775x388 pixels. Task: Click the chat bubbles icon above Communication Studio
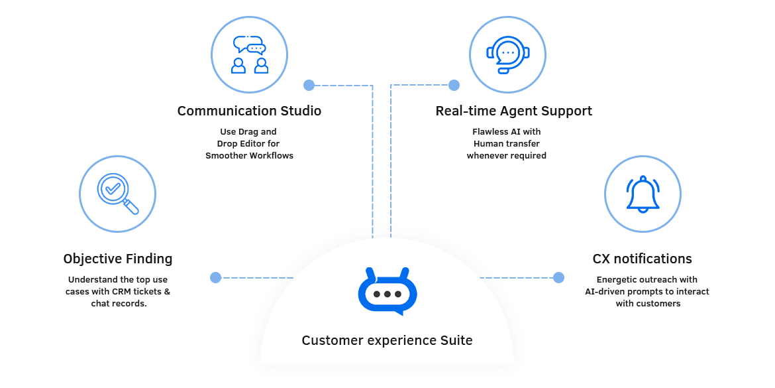click(249, 54)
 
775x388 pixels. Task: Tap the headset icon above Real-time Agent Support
click(507, 54)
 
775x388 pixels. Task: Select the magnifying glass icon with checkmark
click(117, 194)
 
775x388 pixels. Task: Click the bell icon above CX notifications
click(643, 194)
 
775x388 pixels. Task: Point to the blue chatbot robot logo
click(387, 292)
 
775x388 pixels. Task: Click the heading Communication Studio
click(250, 111)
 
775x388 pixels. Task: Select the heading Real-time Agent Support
click(513, 111)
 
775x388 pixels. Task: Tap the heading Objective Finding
click(118, 259)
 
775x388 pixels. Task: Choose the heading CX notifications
click(643, 259)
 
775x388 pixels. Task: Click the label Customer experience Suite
click(387, 341)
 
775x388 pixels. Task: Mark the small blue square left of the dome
click(215, 278)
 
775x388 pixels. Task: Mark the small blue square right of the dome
click(558, 278)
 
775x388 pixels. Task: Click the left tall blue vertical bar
click(340, 153)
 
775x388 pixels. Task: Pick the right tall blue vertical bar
click(423, 153)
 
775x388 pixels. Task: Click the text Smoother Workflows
click(249, 156)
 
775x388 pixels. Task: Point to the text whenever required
click(507, 156)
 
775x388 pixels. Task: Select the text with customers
click(648, 304)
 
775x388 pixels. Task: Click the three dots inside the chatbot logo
click(387, 294)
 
